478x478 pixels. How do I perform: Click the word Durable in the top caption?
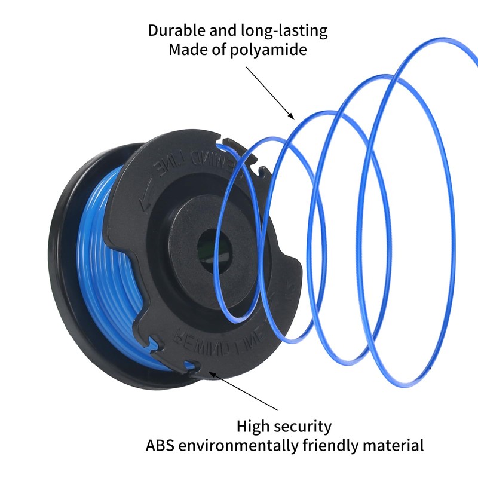(x=174, y=31)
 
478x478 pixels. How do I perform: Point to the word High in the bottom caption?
(x=253, y=427)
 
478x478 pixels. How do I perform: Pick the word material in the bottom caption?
(x=397, y=446)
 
